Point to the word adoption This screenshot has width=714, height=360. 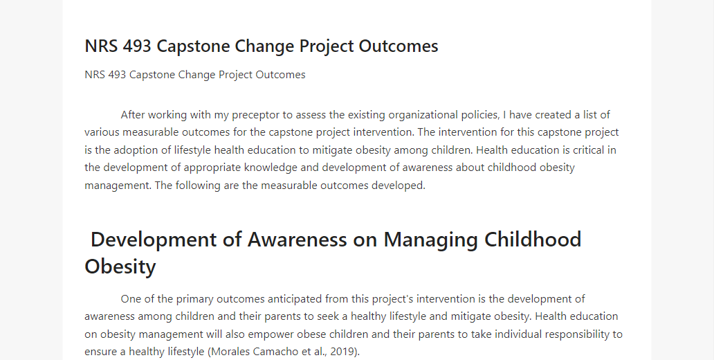[x=133, y=150]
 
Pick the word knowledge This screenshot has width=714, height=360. [x=271, y=168]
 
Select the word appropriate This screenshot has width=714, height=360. [x=212, y=168]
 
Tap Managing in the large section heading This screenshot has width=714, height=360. [x=430, y=240]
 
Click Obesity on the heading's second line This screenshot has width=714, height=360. [x=120, y=266]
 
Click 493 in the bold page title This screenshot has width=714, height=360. [x=137, y=46]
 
